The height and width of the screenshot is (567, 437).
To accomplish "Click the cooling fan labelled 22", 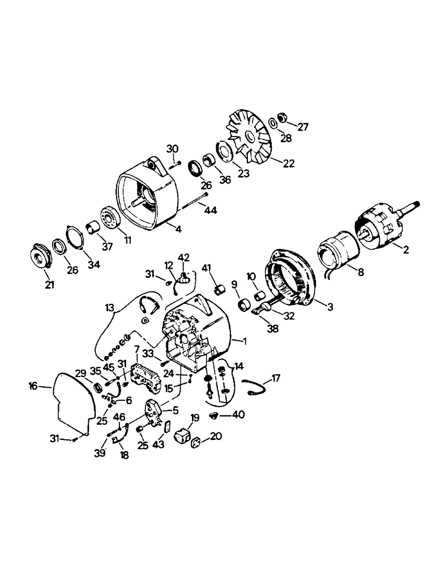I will point(249,138).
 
